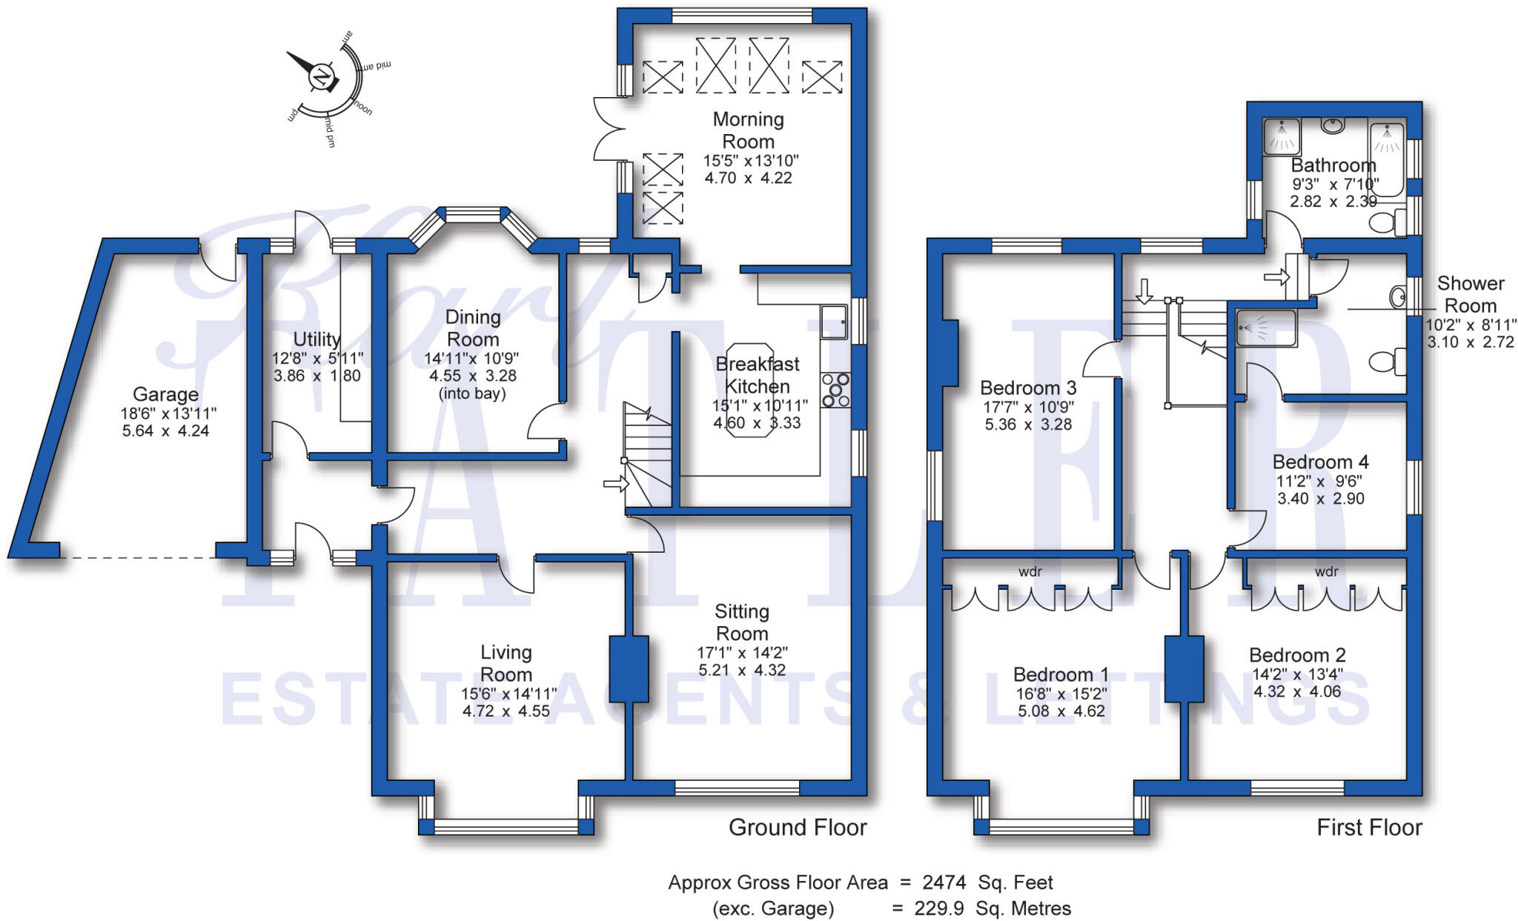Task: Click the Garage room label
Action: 165,394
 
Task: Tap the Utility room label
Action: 316,339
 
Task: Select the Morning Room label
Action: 748,130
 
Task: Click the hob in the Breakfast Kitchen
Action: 835,390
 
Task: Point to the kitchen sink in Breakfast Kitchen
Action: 834,322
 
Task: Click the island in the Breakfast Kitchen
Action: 750,390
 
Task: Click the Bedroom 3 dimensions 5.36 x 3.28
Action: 1028,425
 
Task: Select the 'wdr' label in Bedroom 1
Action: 1030,571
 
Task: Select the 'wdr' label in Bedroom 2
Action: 1326,571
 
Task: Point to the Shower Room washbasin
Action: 1398,297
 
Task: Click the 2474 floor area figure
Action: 944,882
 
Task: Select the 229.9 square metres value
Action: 941,908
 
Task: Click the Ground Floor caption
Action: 798,828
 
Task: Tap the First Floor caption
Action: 1369,828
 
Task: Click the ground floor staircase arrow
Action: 615,485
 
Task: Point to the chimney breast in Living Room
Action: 629,669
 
